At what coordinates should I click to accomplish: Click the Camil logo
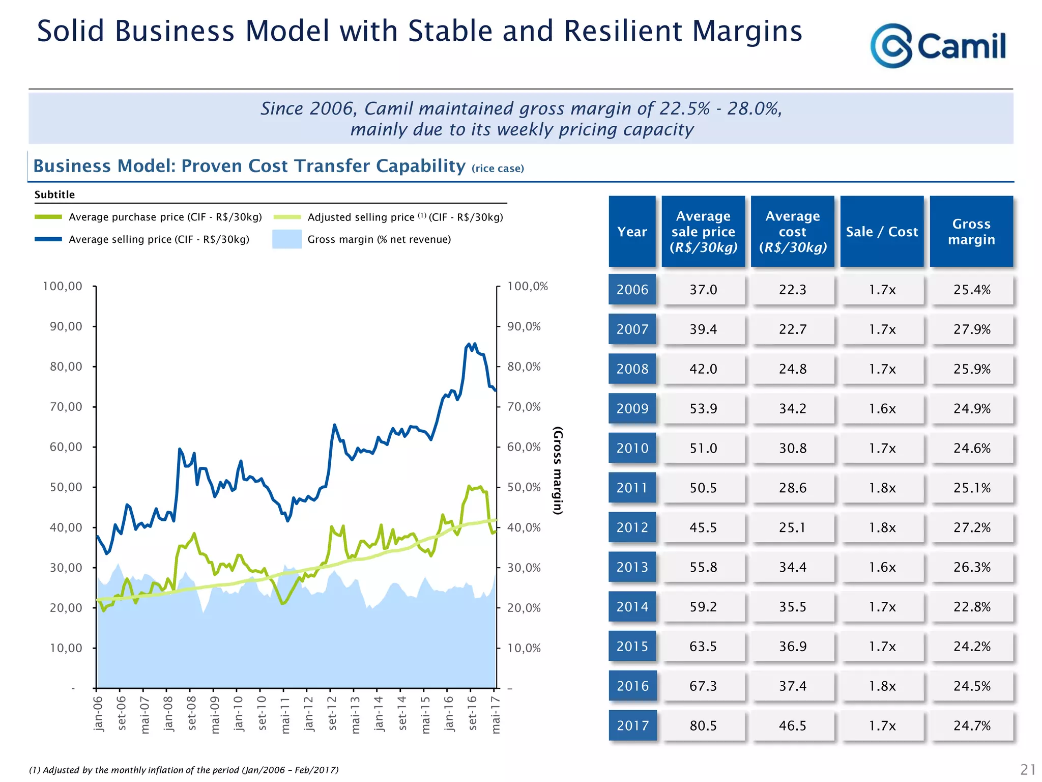click(938, 46)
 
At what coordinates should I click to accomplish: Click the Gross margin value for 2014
click(972, 607)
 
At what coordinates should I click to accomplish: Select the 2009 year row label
click(632, 408)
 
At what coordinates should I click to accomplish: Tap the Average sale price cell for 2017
click(703, 725)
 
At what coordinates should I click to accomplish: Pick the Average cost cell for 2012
click(793, 527)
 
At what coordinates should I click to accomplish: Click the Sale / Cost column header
click(882, 232)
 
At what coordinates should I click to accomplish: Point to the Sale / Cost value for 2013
click(882, 567)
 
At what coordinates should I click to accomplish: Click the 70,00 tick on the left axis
click(66, 407)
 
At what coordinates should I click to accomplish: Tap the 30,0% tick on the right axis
click(524, 568)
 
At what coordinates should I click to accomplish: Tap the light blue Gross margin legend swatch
click(287, 239)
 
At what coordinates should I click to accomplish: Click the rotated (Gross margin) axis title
click(558, 470)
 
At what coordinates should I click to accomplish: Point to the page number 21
click(1028, 769)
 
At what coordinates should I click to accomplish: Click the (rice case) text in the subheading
click(498, 169)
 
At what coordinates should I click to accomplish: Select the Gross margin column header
click(971, 232)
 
